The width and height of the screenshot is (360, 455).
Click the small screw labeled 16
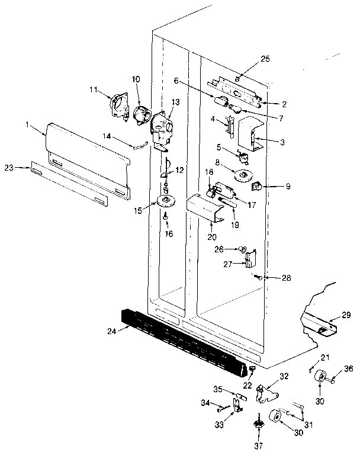click(166, 217)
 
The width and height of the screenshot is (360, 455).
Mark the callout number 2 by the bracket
click(284, 104)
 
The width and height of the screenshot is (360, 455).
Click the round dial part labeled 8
click(242, 175)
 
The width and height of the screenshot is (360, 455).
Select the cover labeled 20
click(204, 209)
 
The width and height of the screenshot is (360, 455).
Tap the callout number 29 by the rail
click(346, 315)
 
